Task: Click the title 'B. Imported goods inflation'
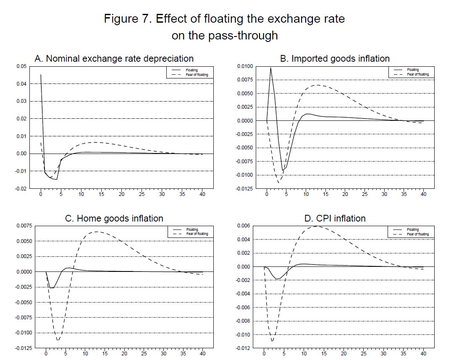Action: [335, 58]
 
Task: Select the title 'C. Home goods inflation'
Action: [114, 218]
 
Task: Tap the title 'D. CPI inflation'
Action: [335, 218]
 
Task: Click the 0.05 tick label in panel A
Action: [21, 66]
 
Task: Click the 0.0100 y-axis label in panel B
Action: [245, 66]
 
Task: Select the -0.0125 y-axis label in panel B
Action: [244, 188]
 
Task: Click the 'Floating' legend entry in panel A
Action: [192, 70]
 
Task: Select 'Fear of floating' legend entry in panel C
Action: [197, 234]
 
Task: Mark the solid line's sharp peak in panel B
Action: [271, 68]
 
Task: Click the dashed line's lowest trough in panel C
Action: [58, 340]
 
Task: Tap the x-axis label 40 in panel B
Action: [423, 194]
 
